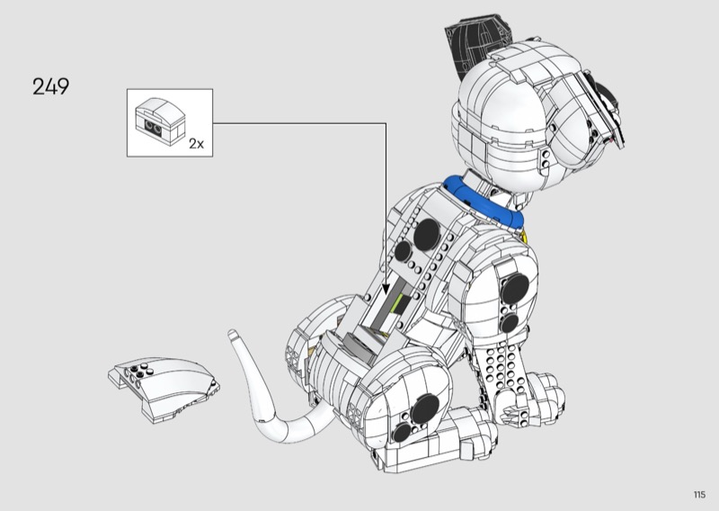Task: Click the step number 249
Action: (x=50, y=87)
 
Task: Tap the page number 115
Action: (x=698, y=494)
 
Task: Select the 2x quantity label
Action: (x=197, y=142)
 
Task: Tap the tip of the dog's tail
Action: (x=233, y=336)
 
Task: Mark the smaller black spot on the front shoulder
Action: (x=509, y=321)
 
